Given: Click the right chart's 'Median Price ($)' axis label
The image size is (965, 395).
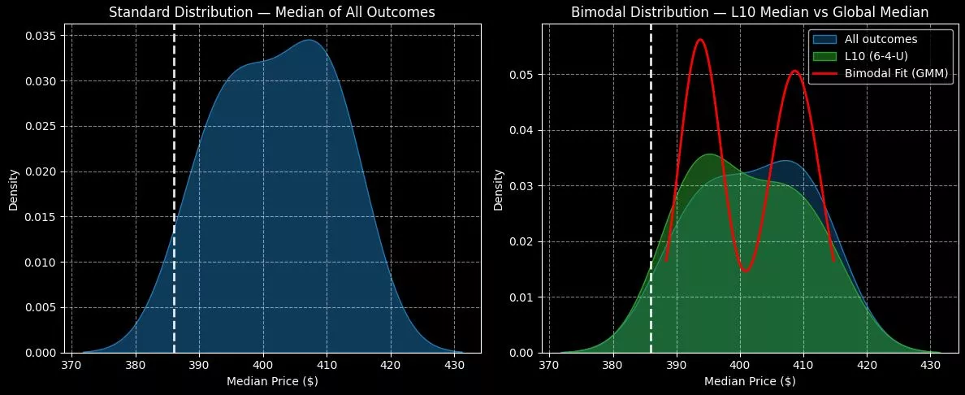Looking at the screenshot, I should pos(740,382).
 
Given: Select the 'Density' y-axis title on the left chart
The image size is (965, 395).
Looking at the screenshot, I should pos(14,193).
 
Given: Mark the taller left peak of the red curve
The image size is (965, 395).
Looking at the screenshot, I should pos(700,40).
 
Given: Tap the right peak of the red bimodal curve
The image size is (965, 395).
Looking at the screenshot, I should pos(794,71).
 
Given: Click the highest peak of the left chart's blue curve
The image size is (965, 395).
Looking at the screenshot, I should pos(313,40).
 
